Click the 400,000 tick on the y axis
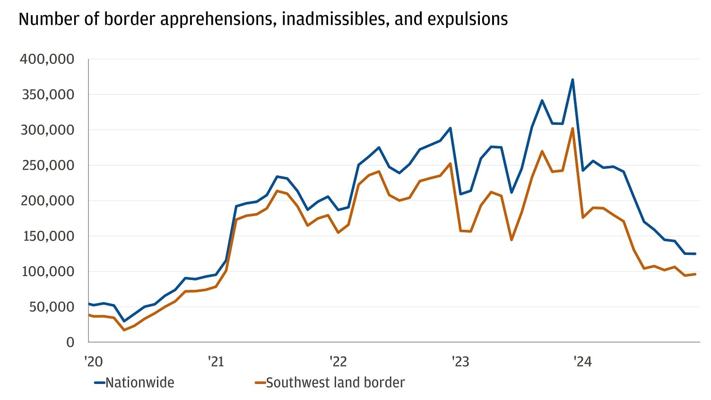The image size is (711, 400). coord(47,59)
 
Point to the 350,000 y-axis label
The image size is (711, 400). coord(47,95)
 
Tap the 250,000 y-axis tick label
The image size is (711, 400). coord(47,165)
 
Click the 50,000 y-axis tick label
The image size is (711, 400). coord(51,307)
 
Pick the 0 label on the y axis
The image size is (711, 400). coord(70,342)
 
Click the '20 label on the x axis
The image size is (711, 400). coord(93,362)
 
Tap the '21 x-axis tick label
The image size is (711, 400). coord(216,362)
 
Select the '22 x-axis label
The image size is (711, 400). coord(338,362)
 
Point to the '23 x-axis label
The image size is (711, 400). coord(460,362)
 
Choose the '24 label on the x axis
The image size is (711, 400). coord(582,362)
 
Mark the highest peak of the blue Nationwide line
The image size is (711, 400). coord(572,79)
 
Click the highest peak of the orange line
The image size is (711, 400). coord(572,128)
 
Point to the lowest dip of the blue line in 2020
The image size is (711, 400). coord(124,321)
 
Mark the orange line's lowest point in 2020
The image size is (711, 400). coord(124,330)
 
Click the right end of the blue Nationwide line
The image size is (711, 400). coord(695,254)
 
